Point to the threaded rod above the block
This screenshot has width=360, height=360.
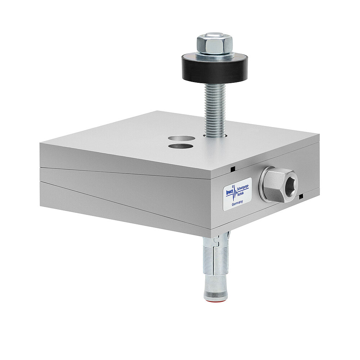(215, 108)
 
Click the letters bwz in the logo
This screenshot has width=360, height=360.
(230, 192)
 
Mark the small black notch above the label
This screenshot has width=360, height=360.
(233, 168)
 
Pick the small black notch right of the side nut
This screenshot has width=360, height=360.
(301, 196)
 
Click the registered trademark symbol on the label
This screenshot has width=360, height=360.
(233, 186)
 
